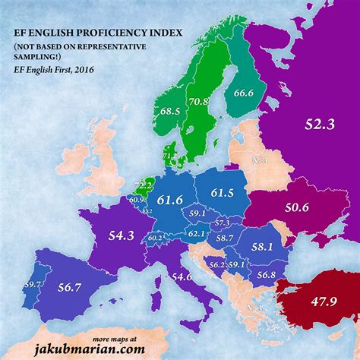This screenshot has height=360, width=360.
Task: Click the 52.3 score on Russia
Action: coord(319,125)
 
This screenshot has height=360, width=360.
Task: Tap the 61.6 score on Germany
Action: coord(171,200)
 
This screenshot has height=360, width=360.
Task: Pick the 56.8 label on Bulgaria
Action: coord(266,274)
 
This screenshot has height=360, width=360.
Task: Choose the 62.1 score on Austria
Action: coord(197,234)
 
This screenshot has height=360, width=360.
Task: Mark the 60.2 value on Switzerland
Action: coord(155,238)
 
